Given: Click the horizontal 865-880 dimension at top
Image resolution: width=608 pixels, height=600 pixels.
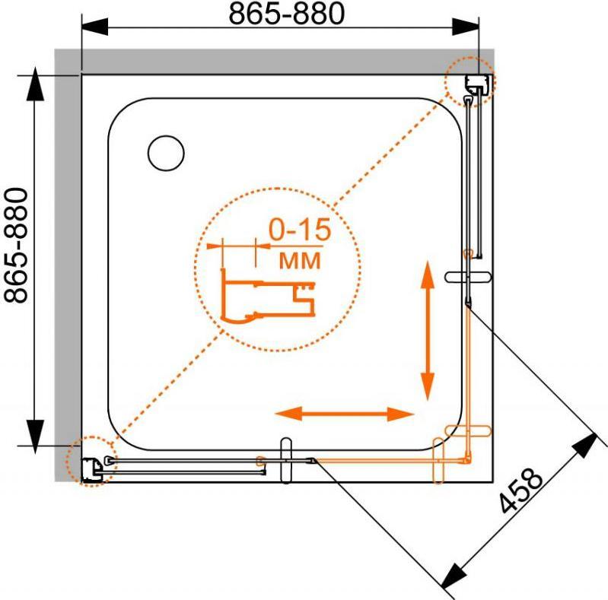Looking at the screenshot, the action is [287, 14].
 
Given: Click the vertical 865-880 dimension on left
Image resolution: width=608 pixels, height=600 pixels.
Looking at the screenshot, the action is [16, 246].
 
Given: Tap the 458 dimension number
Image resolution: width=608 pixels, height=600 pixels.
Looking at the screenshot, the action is [520, 490].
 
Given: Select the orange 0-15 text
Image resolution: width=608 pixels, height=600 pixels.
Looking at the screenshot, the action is [300, 230].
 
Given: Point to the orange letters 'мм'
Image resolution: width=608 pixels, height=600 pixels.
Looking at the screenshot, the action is [300, 260].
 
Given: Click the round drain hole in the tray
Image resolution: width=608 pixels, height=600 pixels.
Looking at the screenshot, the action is [166, 153].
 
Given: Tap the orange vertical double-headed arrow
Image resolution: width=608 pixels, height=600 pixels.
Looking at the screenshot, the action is [428, 331].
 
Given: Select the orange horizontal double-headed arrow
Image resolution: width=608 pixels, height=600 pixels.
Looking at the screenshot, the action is [344, 414].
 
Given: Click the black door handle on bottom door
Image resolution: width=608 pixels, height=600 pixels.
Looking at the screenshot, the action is [286, 461].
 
